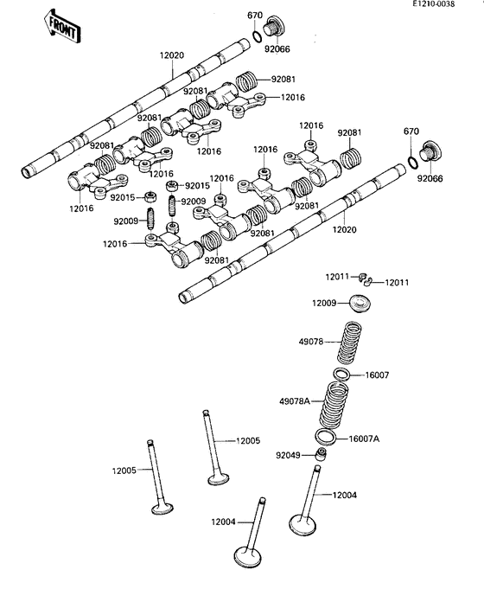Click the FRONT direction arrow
point(61,26)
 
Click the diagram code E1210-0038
point(434,3)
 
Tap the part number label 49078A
point(295,401)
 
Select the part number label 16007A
point(364,439)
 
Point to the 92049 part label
point(288,455)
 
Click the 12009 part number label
point(324,304)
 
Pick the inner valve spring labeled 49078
point(350,343)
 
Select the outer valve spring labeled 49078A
point(334,405)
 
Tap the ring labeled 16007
point(341,374)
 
